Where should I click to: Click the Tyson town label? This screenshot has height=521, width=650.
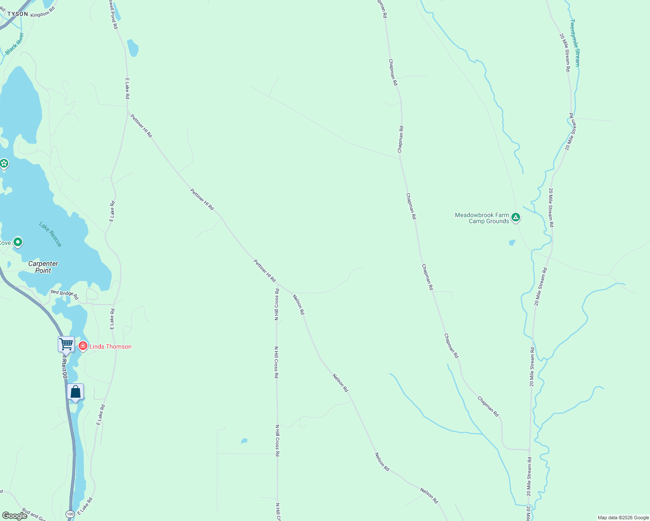point(18,14)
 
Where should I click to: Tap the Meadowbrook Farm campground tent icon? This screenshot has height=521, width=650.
point(516,217)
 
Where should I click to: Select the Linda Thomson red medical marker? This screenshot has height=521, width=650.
point(83,346)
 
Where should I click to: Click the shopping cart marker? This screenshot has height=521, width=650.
point(66,344)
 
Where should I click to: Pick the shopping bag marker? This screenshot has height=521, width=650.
point(76,392)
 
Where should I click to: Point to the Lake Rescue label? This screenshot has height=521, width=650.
point(50,234)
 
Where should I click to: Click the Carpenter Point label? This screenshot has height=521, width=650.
point(43,267)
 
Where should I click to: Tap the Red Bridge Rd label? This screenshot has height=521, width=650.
point(64,294)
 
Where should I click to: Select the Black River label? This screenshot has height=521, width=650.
point(14,44)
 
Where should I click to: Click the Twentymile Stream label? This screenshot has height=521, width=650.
point(575,43)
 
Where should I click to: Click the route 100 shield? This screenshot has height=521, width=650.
point(70,514)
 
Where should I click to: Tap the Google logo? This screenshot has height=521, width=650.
point(14,515)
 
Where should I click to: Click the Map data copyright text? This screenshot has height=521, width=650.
point(623,518)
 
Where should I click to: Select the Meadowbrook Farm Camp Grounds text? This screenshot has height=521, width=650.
point(482,218)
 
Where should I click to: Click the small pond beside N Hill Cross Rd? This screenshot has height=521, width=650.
point(244,441)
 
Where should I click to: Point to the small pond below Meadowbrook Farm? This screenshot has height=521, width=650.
point(512,243)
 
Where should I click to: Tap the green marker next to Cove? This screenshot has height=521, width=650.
point(18,242)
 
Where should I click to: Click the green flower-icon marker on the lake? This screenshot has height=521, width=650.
point(4,164)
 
